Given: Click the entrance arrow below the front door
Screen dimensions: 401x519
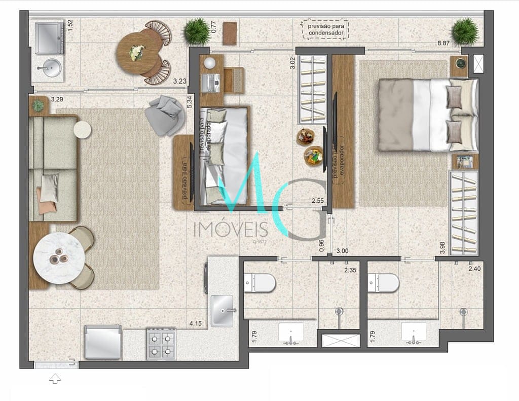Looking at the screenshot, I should coord(55,378).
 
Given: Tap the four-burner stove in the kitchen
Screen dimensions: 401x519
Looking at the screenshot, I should coord(161,344).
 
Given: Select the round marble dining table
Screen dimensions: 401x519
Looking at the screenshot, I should coord(59,258).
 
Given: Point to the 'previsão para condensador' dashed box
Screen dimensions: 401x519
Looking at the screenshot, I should coord(325,29).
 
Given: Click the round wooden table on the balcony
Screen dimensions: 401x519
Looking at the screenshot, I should coord(138,53).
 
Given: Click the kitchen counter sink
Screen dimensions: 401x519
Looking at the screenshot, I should coord(222,310).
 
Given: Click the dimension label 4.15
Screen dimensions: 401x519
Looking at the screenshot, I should coord(197,323).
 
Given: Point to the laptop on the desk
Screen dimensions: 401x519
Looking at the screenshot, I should coord(210,82).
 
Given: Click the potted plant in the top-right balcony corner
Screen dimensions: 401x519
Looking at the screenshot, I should coord(465,31).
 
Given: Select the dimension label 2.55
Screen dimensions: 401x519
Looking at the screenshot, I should coord(317,201).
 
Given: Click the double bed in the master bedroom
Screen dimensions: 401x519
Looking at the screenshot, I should coord(428,115).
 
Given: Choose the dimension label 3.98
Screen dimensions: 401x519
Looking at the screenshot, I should coord(442,247).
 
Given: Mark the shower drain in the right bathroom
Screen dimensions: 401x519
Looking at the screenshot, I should coord(463,312).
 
